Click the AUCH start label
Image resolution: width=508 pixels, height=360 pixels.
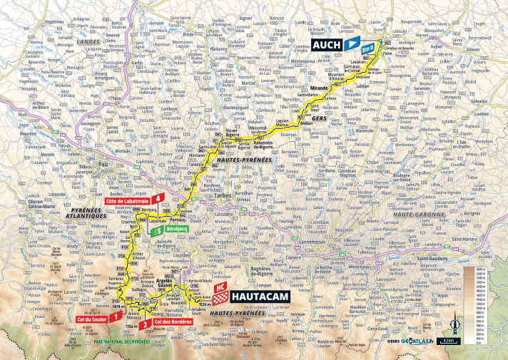326,46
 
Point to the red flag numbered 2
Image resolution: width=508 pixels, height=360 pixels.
146,324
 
